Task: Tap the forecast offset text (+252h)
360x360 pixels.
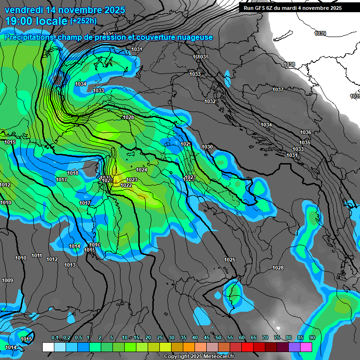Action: pyautogui.click(x=83, y=21)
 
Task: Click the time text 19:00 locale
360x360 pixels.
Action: pyautogui.click(x=36, y=21)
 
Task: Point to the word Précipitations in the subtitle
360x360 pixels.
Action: pyautogui.click(x=28, y=37)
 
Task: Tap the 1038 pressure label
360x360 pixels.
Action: pyautogui.click(x=289, y=65)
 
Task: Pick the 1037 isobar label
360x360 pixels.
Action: pyautogui.click(x=278, y=90)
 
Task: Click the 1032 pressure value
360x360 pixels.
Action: pyautogui.click(x=210, y=101)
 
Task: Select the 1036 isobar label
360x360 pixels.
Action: pyautogui.click(x=306, y=133)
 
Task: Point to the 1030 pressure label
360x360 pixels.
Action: pyautogui.click(x=207, y=147)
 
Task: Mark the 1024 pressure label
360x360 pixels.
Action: pyautogui.click(x=142, y=170)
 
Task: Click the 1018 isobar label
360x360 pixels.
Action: pyautogui.click(x=73, y=173)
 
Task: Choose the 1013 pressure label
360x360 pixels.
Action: pyautogui.click(x=70, y=265)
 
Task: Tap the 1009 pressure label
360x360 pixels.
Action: pyautogui.click(x=7, y=281)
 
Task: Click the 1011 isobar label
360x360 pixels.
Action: pyautogui.click(x=37, y=256)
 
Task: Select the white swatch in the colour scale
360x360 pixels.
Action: pyautogui.click(x=48, y=347)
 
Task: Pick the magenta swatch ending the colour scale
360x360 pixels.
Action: pyautogui.click(x=306, y=347)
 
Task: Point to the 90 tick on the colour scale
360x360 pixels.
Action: pyautogui.click(x=312, y=338)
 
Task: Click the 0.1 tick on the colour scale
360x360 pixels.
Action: pyautogui.click(x=55, y=338)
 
